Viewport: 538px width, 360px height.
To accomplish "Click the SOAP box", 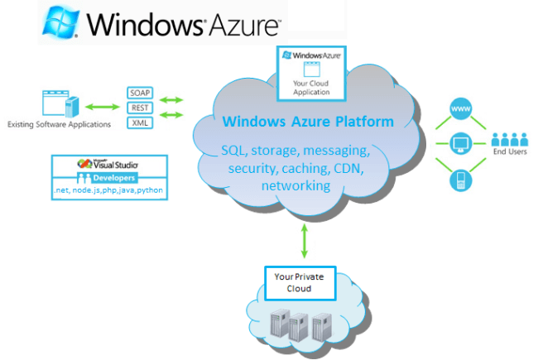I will click(x=139, y=92).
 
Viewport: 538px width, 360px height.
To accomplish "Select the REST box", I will click(x=139, y=108).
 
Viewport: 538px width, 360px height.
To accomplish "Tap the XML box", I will click(x=139, y=123).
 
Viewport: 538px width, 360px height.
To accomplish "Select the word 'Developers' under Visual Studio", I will click(x=108, y=178).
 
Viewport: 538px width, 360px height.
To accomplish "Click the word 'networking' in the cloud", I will click(x=295, y=186).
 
